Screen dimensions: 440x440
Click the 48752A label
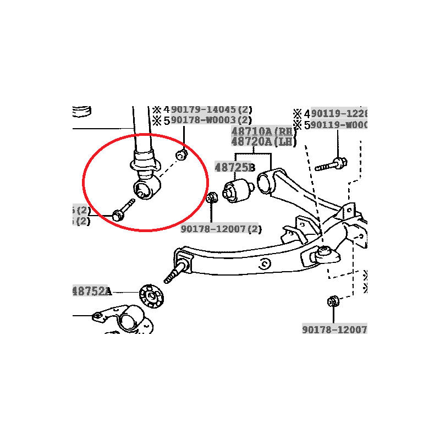point(91,291)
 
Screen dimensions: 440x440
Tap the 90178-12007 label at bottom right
point(334,329)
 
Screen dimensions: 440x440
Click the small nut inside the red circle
point(180,156)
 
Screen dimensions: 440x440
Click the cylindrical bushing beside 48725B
point(237,190)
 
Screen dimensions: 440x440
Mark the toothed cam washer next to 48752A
point(150,296)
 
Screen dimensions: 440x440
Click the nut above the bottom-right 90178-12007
point(333,301)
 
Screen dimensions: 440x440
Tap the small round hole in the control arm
point(266,263)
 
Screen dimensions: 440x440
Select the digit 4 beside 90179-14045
point(167,109)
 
